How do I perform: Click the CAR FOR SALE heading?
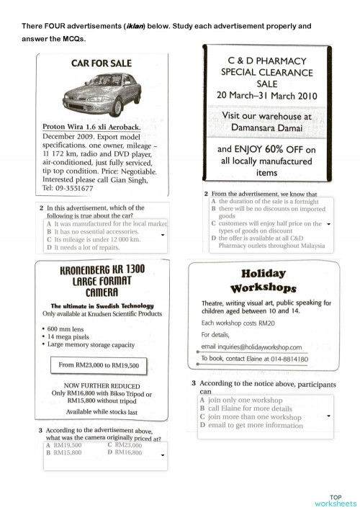tap(102, 63)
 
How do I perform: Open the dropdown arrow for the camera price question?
tap(163, 455)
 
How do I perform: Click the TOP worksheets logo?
tap(335, 500)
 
